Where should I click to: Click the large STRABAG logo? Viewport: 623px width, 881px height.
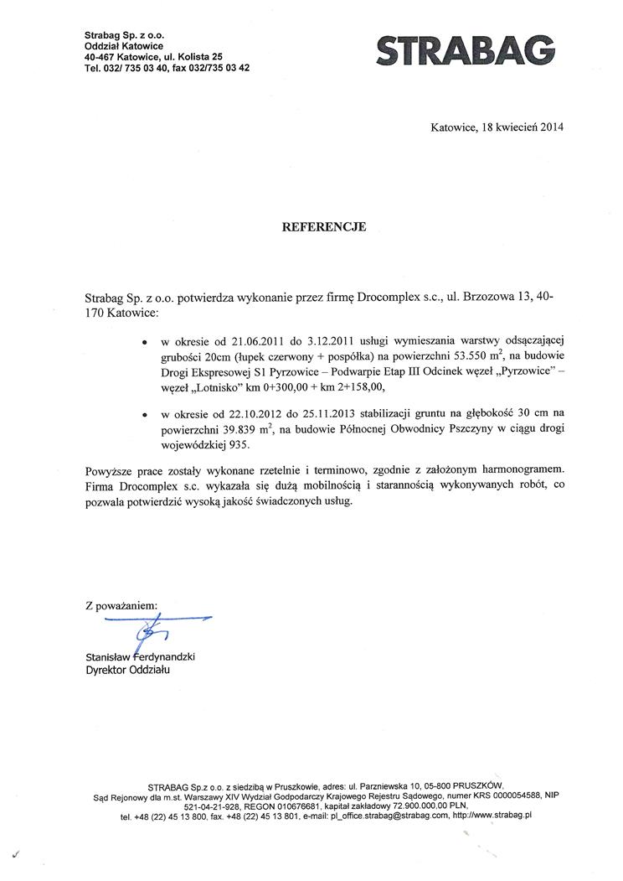[x=466, y=51]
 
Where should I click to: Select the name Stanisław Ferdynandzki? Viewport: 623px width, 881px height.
[x=140, y=657]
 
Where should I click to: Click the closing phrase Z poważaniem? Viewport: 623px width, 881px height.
[x=121, y=604]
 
